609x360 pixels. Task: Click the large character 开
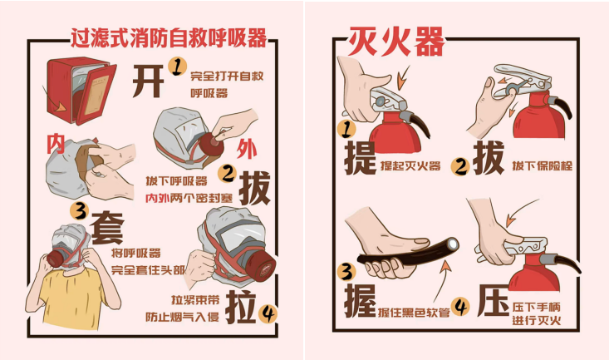pyautogui.click(x=148, y=81)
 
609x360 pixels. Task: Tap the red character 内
pyautogui.click(x=56, y=144)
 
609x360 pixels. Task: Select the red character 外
pyautogui.click(x=247, y=150)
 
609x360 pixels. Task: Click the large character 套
pyautogui.click(x=107, y=228)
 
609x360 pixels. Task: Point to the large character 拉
pyautogui.click(x=241, y=307)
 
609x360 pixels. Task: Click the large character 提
pyautogui.click(x=360, y=158)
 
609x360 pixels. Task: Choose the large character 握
pyautogui.click(x=360, y=300)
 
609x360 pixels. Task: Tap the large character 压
pyautogui.click(x=494, y=300)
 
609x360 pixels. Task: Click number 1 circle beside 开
pyautogui.click(x=177, y=67)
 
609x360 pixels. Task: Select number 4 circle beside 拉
pyautogui.click(x=268, y=313)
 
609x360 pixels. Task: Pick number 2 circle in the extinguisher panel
pyautogui.click(x=460, y=166)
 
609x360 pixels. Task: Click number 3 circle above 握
pyautogui.click(x=346, y=271)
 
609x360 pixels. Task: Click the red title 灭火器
pyautogui.click(x=396, y=41)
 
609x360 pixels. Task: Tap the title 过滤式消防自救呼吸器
pyautogui.click(x=169, y=37)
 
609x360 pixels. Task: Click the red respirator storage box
pyautogui.click(x=81, y=91)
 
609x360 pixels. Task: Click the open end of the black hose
pyautogui.click(x=453, y=244)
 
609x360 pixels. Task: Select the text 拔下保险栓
pyautogui.click(x=543, y=166)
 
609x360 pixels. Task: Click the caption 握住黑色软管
pyautogui.click(x=414, y=312)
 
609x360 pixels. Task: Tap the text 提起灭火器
pyautogui.click(x=410, y=166)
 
